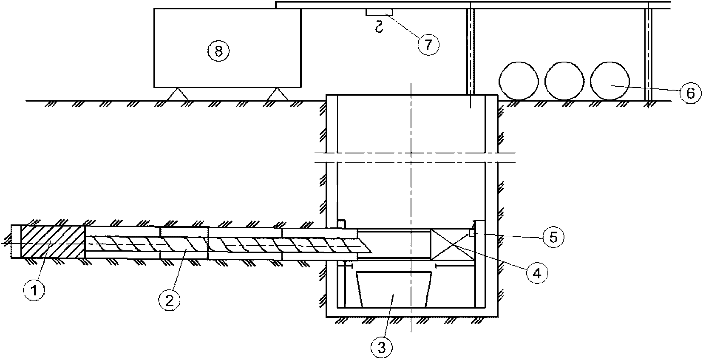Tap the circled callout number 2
170,300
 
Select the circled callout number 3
382,347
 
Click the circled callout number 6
690,93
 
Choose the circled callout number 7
428,44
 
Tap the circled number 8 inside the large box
218,51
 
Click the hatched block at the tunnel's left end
52,241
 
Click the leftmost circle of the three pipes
518,82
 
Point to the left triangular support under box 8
177,94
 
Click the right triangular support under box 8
277,94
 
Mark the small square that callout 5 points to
471,232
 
